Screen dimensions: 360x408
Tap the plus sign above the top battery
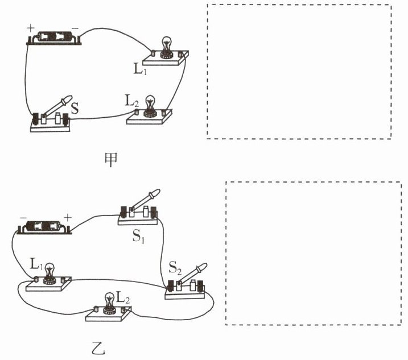pyautogui.click(x=30, y=27)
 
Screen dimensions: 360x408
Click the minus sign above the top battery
pyautogui.click(x=75, y=27)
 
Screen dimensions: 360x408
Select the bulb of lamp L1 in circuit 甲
pyautogui.click(x=167, y=44)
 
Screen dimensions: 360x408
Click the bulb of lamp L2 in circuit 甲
pyautogui.click(x=150, y=104)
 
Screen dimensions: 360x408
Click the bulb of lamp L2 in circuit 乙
pyautogui.click(x=109, y=300)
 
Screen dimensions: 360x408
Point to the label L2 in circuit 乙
pyautogui.click(x=123, y=296)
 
